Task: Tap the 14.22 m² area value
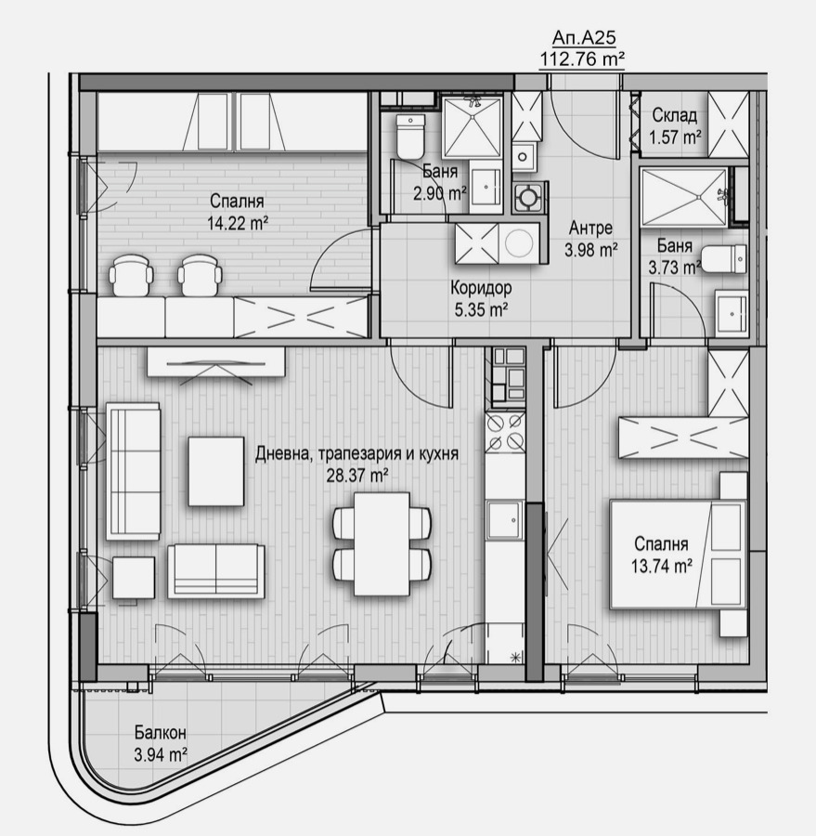click(x=239, y=221)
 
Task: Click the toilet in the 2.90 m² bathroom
click(x=409, y=137)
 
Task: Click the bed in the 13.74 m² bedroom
click(x=678, y=555)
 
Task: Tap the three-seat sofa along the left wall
click(x=134, y=471)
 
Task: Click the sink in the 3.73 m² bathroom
click(x=732, y=313)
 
